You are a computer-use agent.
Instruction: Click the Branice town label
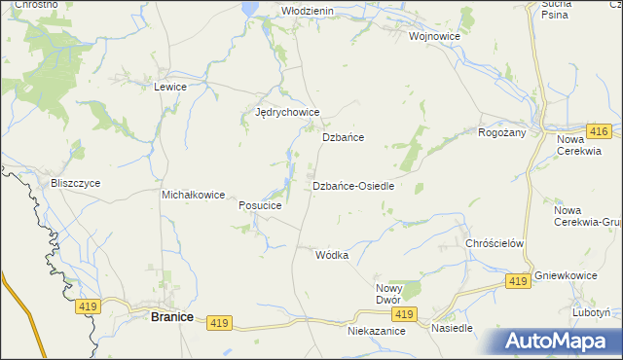click(171, 316)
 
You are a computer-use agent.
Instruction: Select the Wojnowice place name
click(434, 36)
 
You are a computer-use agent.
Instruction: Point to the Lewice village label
click(170, 87)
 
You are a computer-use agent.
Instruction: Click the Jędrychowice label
click(287, 113)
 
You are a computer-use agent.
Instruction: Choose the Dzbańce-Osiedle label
click(352, 186)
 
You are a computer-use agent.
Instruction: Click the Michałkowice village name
click(194, 195)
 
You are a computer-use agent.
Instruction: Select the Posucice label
click(260, 206)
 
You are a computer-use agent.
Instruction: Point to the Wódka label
click(332, 255)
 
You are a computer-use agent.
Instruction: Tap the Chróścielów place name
click(495, 243)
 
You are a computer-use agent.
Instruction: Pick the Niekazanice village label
click(376, 331)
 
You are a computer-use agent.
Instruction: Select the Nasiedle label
click(452, 328)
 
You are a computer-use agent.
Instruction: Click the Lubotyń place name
click(592, 313)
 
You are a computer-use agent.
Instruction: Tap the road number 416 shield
click(599, 131)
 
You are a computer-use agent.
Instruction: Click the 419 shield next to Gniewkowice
click(518, 280)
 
